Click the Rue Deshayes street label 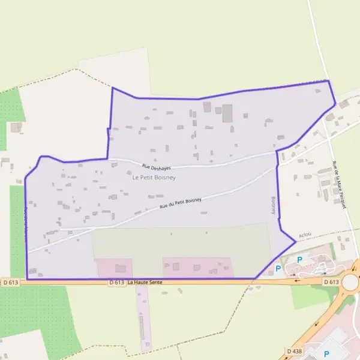pos(157,167)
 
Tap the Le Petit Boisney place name pos(154,178)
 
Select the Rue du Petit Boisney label pos(181,203)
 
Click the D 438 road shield pos(295,350)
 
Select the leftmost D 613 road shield pos(11,282)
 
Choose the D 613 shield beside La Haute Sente pos(116,282)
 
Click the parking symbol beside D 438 pos(327,354)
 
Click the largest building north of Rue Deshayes pos(227,113)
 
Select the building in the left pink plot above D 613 pos(121,268)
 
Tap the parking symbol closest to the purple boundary pos(278,268)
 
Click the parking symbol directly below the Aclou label pos(299,259)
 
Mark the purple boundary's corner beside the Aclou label pos(295,242)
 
